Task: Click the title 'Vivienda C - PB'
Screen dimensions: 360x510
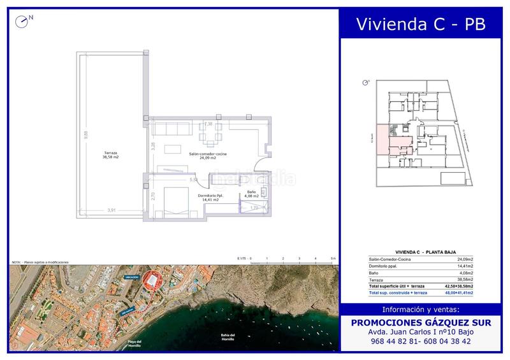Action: pyautogui.click(x=421, y=24)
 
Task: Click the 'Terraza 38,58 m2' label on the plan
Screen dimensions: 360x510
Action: pyautogui.click(x=112, y=154)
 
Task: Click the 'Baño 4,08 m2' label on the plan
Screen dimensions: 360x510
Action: pyautogui.click(x=251, y=194)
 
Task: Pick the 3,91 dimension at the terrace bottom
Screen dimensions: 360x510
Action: pyautogui.click(x=112, y=210)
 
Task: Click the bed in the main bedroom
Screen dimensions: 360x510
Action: pyautogui.click(x=173, y=203)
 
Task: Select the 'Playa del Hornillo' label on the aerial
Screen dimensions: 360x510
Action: pyautogui.click(x=134, y=343)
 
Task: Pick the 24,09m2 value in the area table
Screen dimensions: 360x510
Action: pyautogui.click(x=469, y=260)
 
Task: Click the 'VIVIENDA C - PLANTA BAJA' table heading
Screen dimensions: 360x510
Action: pyautogui.click(x=421, y=252)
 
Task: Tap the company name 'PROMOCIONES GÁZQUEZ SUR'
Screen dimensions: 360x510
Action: pyautogui.click(x=421, y=323)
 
